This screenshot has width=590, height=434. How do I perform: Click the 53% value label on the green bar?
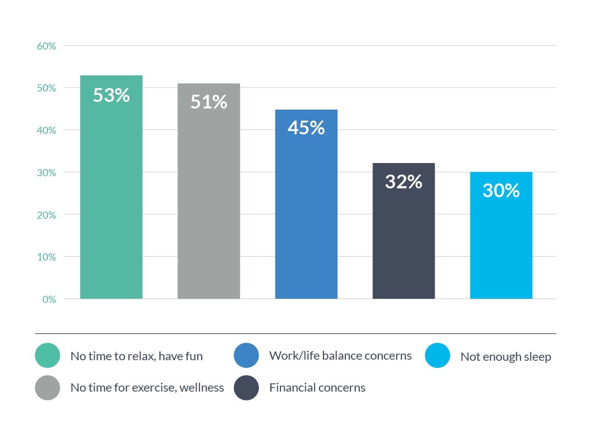click(x=111, y=95)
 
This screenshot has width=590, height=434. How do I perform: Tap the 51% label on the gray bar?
click(x=209, y=101)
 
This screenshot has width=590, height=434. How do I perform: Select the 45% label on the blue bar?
click(x=306, y=127)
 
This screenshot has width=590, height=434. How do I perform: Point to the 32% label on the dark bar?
click(x=404, y=182)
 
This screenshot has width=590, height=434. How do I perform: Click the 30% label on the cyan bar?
click(x=501, y=191)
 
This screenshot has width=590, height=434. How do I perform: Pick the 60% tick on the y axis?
click(x=46, y=46)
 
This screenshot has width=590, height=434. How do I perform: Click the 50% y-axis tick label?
click(x=46, y=88)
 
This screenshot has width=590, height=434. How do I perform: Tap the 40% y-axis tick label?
click(x=46, y=131)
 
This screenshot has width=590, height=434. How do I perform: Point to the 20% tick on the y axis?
click(x=46, y=215)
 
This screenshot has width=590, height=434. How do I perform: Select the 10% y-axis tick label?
click(x=46, y=257)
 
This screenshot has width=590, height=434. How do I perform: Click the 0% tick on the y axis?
click(x=49, y=300)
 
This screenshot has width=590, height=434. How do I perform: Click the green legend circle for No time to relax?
click(x=47, y=355)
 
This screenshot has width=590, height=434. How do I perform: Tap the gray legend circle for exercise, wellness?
click(x=47, y=388)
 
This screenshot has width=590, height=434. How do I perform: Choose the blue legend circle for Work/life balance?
click(x=246, y=355)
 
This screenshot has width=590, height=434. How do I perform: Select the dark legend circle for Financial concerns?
click(x=246, y=388)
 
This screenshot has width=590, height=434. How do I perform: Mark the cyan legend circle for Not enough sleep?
click(x=437, y=355)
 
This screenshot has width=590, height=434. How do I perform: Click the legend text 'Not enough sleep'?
click(x=506, y=356)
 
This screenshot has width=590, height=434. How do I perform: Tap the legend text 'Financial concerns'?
click(x=317, y=387)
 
